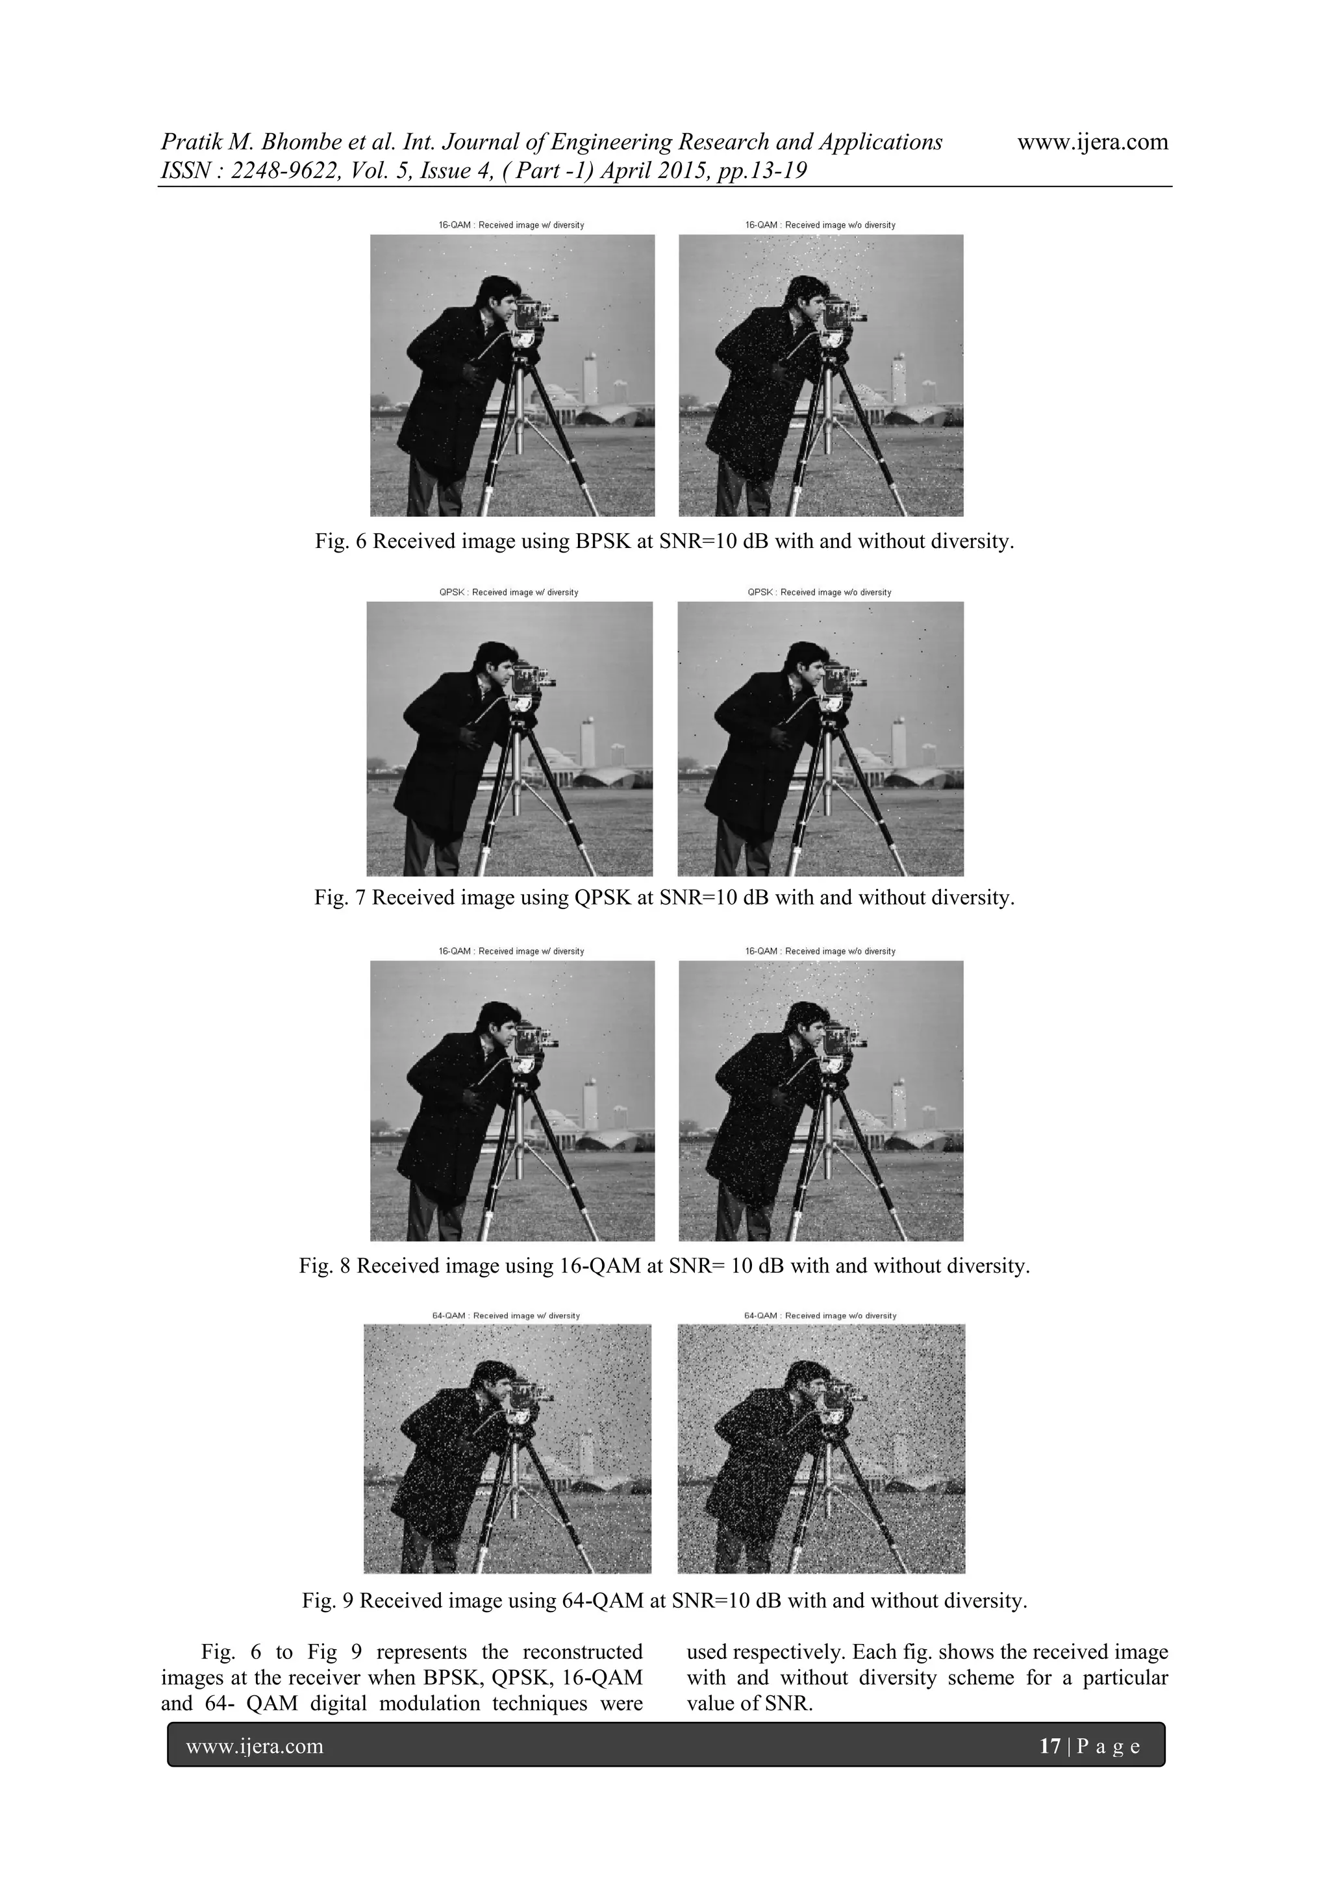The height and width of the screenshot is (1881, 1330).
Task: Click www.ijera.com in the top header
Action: [x=1092, y=142]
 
